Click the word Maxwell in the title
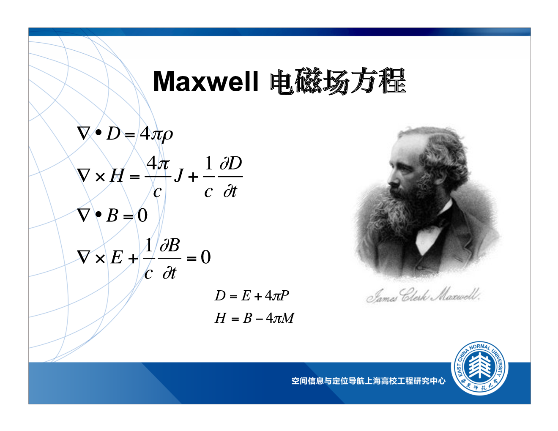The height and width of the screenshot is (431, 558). tap(205, 81)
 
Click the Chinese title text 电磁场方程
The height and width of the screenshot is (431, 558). tap(338, 81)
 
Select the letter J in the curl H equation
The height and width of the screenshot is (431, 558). tap(179, 176)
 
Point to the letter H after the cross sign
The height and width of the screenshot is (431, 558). tap(117, 176)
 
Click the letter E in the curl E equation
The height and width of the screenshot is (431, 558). tap(117, 257)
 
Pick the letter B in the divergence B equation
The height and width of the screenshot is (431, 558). tap(112, 215)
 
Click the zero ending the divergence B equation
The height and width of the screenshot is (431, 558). tap(142, 215)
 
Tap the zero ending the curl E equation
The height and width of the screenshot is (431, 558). tap(206, 257)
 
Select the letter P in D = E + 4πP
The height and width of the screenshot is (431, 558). tap(284, 295)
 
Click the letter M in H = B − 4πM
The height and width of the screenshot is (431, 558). tap(287, 318)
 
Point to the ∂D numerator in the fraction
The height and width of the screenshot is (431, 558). tap(230, 163)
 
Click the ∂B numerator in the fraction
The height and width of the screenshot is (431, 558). tap(170, 245)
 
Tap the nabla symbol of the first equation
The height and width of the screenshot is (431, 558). tap(84, 133)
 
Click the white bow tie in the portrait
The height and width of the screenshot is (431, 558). tap(427, 237)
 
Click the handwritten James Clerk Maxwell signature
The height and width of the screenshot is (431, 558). tap(423, 296)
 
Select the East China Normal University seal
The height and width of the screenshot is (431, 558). tap(479, 368)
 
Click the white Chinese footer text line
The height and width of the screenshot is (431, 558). tap(368, 381)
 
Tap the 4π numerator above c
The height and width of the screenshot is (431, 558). tap(158, 163)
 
